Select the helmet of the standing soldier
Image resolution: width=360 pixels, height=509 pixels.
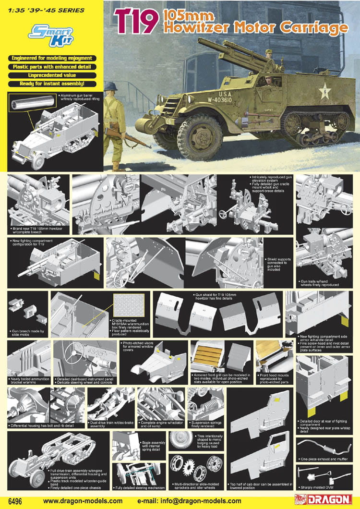pos(111,87)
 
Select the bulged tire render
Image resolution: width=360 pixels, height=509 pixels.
pos(181,440)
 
